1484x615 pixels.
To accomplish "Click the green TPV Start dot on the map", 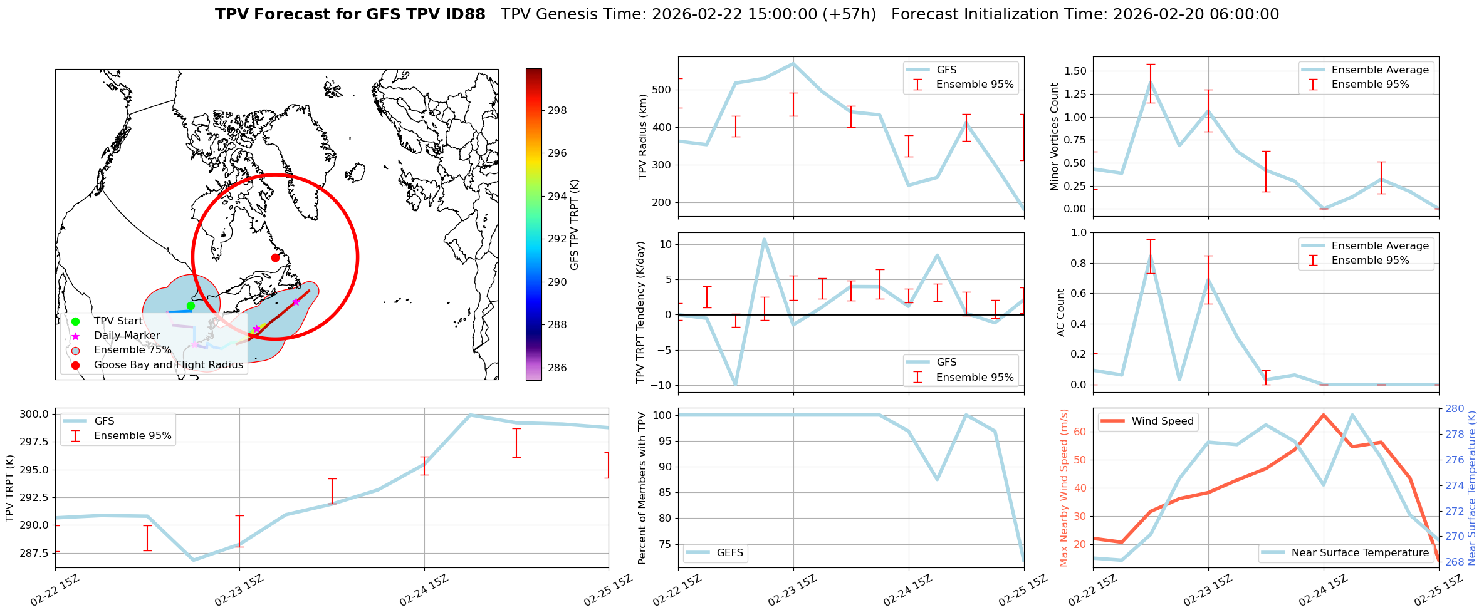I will coord(191,306).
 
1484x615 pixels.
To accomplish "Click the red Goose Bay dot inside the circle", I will coord(275,257).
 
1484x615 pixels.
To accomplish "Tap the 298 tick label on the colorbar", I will coord(557,110).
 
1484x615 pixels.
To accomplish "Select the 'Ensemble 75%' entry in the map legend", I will coord(132,350).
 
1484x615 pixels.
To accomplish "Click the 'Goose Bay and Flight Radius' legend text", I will coord(168,364).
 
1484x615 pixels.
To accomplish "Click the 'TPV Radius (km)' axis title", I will coord(642,137).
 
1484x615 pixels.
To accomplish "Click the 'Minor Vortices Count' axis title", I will coord(1054,137).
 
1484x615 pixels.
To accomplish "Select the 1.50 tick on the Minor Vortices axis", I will coord(1075,71).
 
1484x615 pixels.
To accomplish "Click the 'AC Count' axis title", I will coord(1060,313).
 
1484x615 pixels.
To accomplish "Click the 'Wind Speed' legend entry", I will coord(1162,421).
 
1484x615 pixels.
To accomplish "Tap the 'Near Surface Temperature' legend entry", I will coord(1359,552).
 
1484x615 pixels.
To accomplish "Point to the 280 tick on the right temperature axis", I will coord(1455,409).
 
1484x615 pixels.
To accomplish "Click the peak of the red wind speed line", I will coord(1323,415).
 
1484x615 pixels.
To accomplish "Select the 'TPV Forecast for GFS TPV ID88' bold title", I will coord(350,14).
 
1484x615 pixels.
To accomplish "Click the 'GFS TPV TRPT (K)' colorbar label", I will coord(575,224).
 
